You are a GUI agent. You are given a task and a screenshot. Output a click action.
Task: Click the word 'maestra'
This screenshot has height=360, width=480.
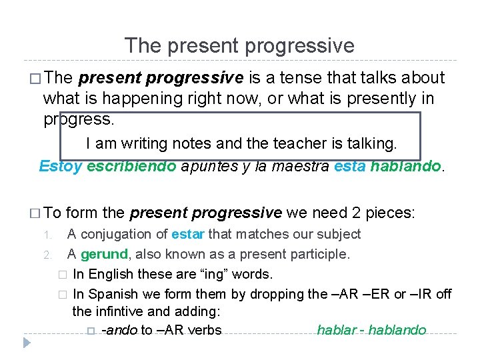299,166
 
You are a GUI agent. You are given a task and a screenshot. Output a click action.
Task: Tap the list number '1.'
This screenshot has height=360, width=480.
47,235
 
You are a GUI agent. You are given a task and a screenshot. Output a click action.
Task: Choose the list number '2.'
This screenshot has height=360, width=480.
47,255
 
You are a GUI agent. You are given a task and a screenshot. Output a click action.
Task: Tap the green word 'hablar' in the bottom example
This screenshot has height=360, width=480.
337,330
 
